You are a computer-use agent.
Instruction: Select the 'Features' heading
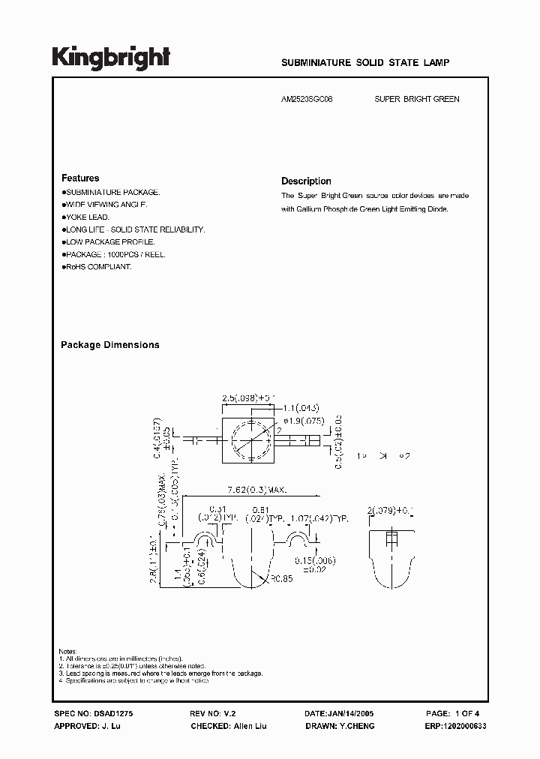coord(80,178)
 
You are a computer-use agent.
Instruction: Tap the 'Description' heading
coord(306,181)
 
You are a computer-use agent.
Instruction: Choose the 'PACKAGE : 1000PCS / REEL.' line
coord(115,254)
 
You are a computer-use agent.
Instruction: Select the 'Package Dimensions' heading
coord(109,345)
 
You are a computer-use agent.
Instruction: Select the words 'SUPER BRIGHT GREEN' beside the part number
coord(417,99)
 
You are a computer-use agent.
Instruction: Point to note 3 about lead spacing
coord(161,673)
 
